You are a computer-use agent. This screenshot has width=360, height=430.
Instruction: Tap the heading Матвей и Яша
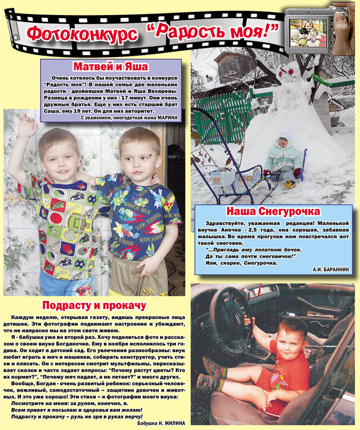pos(110,66)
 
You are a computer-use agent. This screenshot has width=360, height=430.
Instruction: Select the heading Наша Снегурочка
pos(273,212)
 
